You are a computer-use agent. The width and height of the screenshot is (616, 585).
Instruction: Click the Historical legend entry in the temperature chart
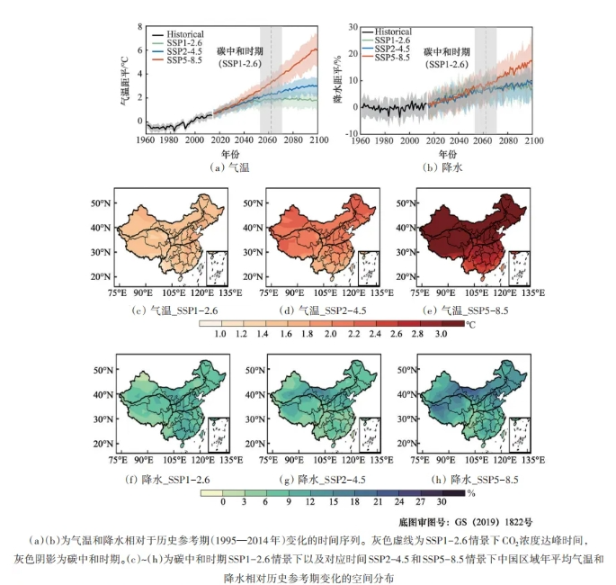(185, 33)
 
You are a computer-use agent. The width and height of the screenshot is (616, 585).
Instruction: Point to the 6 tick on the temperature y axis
(139, 50)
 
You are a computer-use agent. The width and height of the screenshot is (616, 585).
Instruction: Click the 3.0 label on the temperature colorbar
(441, 334)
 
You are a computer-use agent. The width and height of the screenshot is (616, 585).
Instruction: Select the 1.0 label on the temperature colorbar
(220, 334)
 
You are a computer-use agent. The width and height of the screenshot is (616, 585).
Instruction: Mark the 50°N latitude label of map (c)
(100, 202)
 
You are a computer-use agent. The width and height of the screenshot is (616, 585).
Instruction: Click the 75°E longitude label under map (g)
(263, 459)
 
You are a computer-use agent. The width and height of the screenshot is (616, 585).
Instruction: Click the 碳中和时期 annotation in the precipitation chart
(447, 52)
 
